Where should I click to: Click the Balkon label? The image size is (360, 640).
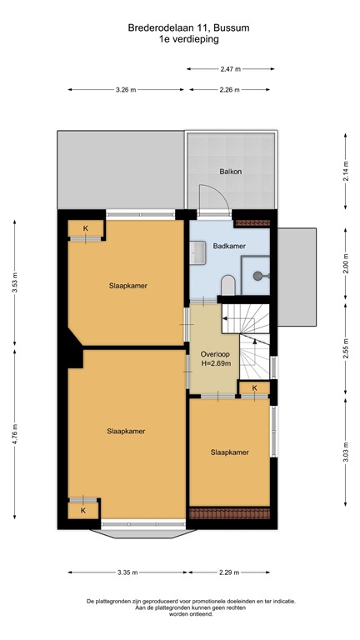click(230, 172)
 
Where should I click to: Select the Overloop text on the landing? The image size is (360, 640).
click(215, 352)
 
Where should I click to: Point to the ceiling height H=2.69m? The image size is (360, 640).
click(215, 363)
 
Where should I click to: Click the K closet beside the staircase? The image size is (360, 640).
click(254, 387)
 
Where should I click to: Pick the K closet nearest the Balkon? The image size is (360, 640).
click(85, 227)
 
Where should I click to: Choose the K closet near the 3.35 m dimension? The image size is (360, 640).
click(83, 509)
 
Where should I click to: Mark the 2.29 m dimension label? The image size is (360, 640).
click(229, 572)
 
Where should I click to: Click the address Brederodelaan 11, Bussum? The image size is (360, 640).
click(179, 27)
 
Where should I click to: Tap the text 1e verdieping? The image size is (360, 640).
click(179, 38)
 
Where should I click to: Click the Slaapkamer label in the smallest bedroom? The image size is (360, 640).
click(230, 452)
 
